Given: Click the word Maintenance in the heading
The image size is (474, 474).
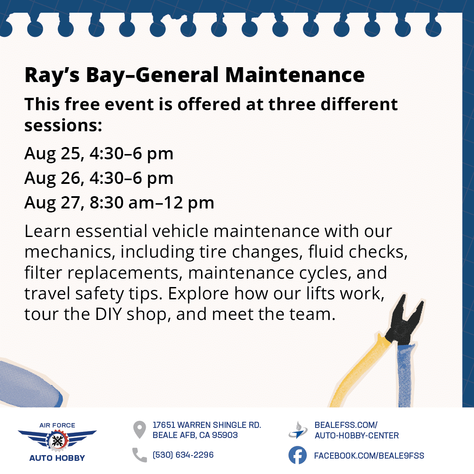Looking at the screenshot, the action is tap(295, 75).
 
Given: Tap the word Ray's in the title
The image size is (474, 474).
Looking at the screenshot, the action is tap(52, 75).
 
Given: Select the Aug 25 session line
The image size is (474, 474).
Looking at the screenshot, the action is tap(99, 154).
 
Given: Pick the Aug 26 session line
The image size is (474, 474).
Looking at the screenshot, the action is tap(99, 178).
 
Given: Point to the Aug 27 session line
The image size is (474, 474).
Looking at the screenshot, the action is tap(119, 203).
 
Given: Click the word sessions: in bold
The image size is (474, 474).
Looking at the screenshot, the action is tap(63, 126).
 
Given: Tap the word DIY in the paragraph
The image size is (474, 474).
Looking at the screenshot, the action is tap(108, 314).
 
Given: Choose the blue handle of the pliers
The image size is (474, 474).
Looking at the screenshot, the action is tap(405, 375).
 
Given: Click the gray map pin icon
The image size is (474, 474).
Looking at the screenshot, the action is tap(140, 430).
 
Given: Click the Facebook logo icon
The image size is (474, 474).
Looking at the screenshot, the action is tap(298, 455).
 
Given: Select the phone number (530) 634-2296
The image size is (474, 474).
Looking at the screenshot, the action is tap(183, 455).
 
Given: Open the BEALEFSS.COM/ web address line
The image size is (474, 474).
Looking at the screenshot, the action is tap(346, 425).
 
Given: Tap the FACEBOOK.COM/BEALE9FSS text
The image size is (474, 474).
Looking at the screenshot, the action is tap(369, 456).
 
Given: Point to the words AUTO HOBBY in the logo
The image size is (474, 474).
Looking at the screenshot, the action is tap(57, 458).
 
